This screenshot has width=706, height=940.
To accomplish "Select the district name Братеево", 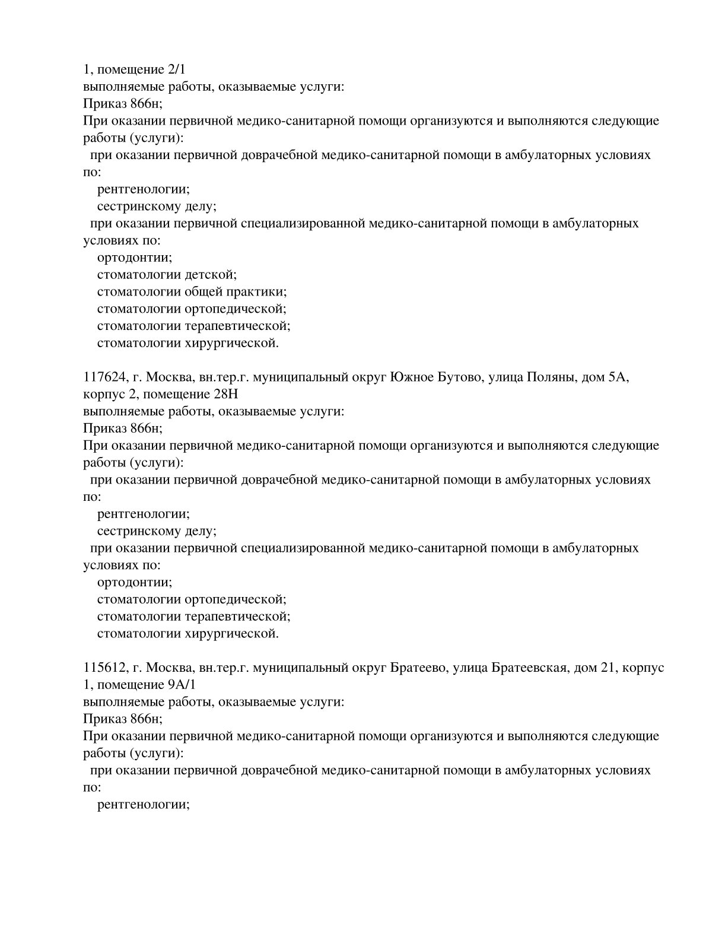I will click(x=418, y=668).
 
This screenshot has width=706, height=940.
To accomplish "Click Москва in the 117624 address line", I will click(x=169, y=377).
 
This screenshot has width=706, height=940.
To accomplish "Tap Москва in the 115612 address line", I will click(x=169, y=668).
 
